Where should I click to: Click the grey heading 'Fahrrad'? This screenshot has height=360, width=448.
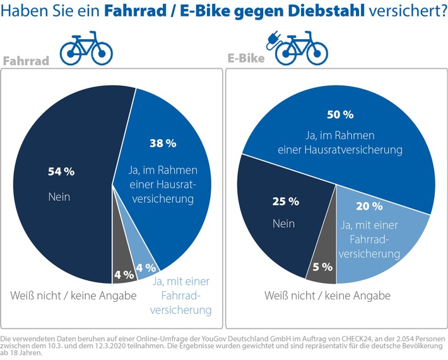tap(27, 61)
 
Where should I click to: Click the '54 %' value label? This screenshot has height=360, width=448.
tap(61, 171)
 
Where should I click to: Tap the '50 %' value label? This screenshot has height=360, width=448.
tap(340, 114)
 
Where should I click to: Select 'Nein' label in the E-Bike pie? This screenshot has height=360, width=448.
tap(283, 224)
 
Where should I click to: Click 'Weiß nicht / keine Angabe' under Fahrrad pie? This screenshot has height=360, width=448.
tap(73, 296)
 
